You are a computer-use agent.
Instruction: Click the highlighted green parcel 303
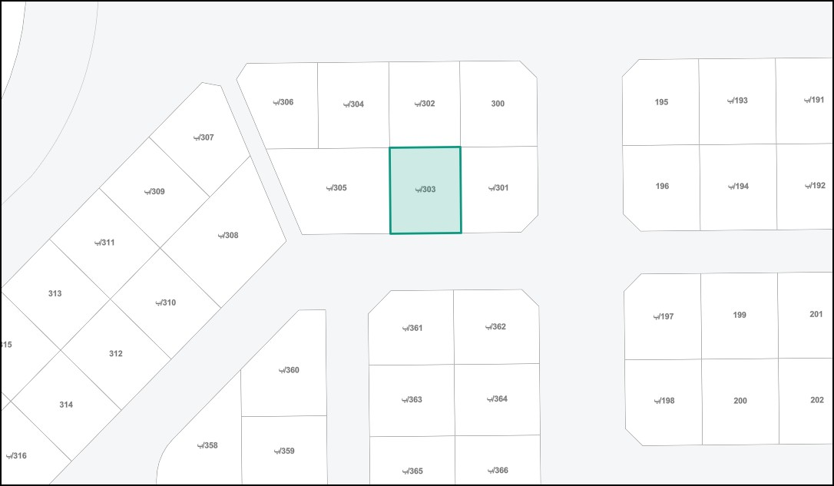pyautogui.click(x=425, y=190)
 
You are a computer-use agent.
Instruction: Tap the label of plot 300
pyautogui.click(x=498, y=104)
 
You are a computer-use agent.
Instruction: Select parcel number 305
pyautogui.click(x=337, y=188)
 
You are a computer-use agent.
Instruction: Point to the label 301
pyautogui.click(x=499, y=188)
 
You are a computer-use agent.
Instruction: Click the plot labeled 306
pyautogui.click(x=283, y=102)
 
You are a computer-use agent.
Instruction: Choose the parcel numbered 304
pyautogui.click(x=354, y=104)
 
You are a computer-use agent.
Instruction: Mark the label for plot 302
pyautogui.click(x=425, y=104)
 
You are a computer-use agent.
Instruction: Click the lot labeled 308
pyautogui.click(x=228, y=235)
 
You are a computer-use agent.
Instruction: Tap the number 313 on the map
pyautogui.click(x=55, y=293)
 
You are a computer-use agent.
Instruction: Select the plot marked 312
pyautogui.click(x=115, y=354)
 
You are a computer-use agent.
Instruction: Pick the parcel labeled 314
pyautogui.click(x=66, y=405)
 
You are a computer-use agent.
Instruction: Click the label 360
pyautogui.click(x=289, y=370)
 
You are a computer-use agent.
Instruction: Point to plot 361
pyautogui.click(x=412, y=329)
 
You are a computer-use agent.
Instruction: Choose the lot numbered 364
pyautogui.click(x=497, y=398)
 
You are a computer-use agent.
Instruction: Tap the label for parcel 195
pyautogui.click(x=661, y=102)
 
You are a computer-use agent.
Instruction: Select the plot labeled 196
pyautogui.click(x=662, y=186)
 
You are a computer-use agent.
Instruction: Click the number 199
pyautogui.click(x=740, y=315)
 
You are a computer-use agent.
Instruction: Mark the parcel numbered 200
pyautogui.click(x=740, y=401)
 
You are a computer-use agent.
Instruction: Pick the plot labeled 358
pyautogui.click(x=207, y=445)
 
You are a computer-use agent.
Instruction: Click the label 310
pyautogui.click(x=166, y=303)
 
